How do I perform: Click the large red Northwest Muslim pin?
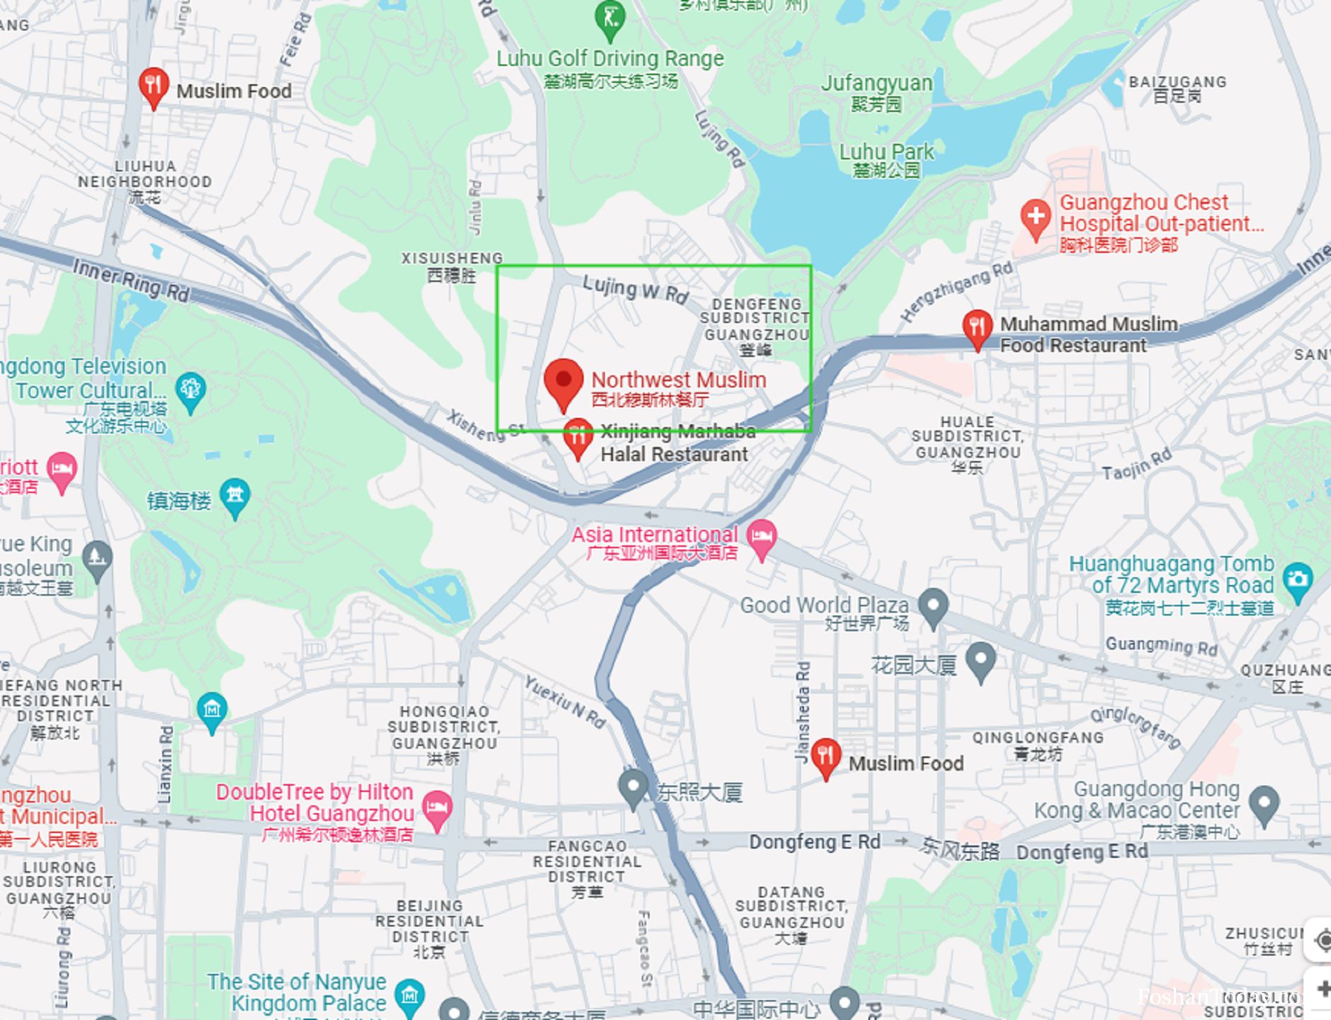(x=563, y=381)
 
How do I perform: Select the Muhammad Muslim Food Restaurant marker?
(x=977, y=327)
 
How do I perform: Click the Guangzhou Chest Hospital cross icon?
(x=1035, y=216)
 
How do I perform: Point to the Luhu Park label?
(x=886, y=152)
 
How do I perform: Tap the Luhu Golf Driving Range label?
(x=610, y=59)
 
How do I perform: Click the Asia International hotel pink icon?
(x=761, y=536)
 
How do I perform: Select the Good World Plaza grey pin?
(x=933, y=606)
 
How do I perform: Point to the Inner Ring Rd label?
(x=131, y=280)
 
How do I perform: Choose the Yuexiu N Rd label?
(x=565, y=701)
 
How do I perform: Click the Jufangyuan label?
(x=876, y=83)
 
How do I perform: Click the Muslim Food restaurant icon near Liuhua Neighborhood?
(x=153, y=86)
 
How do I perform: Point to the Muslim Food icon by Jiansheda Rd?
(x=825, y=756)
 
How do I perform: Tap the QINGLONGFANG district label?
(x=1037, y=737)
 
